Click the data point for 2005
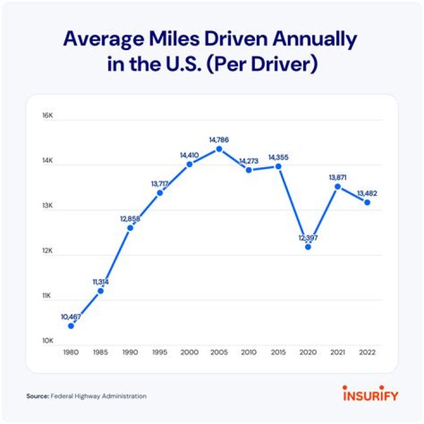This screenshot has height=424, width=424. pos(219,149)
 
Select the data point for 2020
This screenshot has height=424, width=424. pos(308,247)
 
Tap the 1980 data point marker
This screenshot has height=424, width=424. pos(71,326)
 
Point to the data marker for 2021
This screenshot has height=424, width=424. pos(337,187)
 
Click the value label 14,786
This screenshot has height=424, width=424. pos(218,140)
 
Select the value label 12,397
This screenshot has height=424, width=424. pos(308,237)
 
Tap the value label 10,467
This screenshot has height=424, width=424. pos(71,316)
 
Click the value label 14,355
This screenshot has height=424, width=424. pos(279,157)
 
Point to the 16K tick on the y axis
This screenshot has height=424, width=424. pos(47,115)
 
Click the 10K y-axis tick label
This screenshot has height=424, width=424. pos(47,341)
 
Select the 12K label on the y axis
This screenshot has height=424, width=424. pos(47,251)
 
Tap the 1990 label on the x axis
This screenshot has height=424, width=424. pos(130,352)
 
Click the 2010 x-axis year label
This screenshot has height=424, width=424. pos(249,352)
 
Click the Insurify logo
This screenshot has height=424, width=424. pos(370,393)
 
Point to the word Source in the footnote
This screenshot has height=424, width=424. pos(37,396)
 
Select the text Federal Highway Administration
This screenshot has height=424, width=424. pos(98,396)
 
